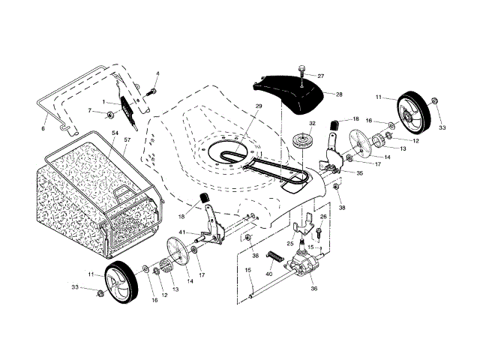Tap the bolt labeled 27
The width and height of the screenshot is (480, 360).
301,73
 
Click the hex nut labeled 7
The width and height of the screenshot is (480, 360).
109,115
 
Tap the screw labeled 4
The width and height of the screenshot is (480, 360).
151,91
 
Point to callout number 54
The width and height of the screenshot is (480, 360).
115,133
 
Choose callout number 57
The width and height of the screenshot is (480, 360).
127,140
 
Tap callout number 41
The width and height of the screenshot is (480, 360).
182,232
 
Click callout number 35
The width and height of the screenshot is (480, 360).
359,173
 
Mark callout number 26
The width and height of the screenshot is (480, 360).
323,217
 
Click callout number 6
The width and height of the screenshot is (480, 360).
43,128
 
